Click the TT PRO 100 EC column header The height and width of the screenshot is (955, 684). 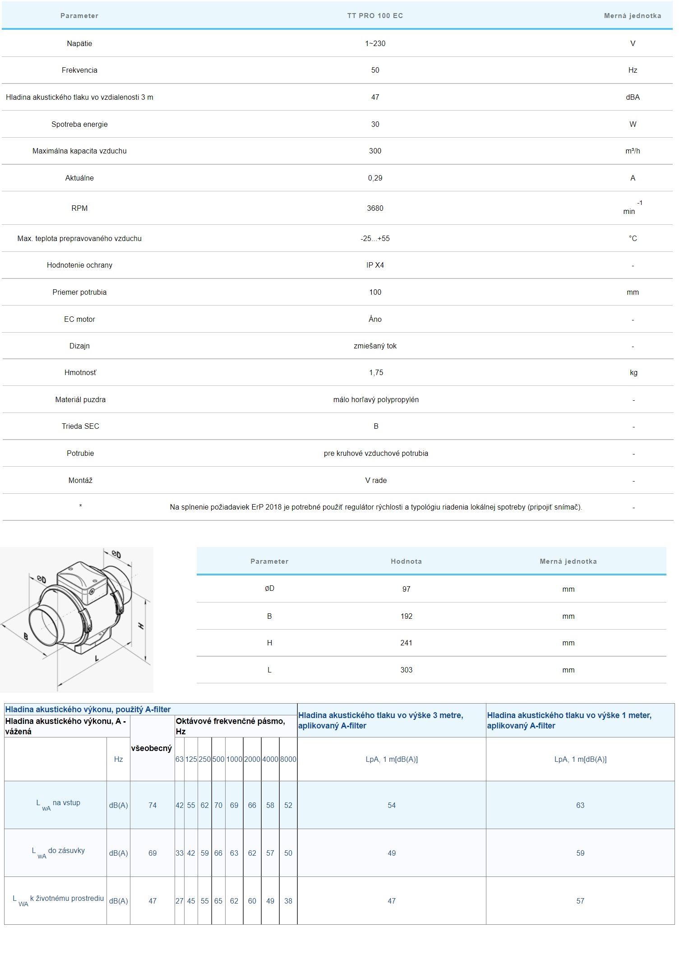click(375, 16)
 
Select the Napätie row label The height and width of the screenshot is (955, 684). click(79, 43)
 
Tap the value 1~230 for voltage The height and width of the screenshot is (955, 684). click(375, 43)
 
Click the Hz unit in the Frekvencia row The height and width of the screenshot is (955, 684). click(633, 70)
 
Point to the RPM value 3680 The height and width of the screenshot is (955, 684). click(375, 208)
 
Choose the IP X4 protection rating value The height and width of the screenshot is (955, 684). click(375, 265)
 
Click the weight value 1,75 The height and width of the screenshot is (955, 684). click(376, 372)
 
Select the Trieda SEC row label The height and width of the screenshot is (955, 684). click(80, 426)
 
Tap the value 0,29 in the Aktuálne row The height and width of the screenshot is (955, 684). click(375, 178)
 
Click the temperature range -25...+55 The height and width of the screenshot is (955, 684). click(375, 238)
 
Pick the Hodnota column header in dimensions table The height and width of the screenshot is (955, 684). click(406, 561)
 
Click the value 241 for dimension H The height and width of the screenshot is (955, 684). click(406, 643)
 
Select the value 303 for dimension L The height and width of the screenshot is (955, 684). click(406, 670)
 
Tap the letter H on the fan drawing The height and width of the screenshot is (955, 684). click(141, 626)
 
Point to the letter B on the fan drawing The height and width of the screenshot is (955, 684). click(26, 637)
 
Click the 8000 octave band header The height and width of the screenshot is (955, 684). click(288, 759)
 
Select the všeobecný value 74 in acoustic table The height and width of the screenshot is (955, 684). click(153, 805)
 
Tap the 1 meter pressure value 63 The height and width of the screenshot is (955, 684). click(580, 805)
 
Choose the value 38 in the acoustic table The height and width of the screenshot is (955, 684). click(288, 901)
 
